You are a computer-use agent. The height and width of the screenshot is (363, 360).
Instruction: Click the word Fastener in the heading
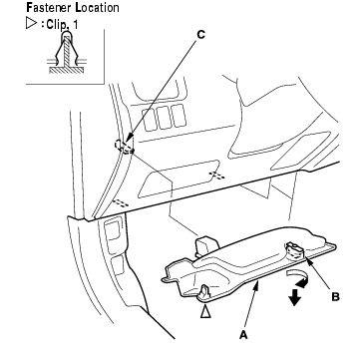[x=49, y=7]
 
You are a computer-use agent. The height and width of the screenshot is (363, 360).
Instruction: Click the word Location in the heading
[x=98, y=7]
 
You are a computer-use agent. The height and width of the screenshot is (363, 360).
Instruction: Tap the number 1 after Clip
[x=75, y=25]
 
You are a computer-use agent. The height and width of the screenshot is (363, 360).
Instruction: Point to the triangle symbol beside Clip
[x=31, y=24]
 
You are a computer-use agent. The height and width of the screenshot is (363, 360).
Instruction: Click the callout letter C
[x=200, y=35]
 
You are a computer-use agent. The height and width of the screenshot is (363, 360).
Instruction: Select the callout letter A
[x=244, y=335]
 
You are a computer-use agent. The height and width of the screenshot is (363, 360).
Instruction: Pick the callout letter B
[x=335, y=297]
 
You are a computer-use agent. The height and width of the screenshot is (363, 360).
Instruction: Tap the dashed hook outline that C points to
[x=124, y=147]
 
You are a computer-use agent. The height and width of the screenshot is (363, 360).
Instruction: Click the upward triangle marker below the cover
[x=205, y=312]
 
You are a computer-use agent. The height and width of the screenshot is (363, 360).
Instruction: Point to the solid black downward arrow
[x=294, y=297]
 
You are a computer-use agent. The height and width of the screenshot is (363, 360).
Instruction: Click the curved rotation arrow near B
[x=298, y=278]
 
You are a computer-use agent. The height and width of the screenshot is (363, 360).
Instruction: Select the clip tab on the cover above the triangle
[x=205, y=291]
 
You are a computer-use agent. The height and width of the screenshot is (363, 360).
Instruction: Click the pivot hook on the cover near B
[x=294, y=250]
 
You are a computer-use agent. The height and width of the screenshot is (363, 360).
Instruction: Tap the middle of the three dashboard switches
[x=164, y=118]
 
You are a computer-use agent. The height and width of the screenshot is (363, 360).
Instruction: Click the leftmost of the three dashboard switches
[x=150, y=120]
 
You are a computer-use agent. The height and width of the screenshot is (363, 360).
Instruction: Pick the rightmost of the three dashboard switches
[x=179, y=116]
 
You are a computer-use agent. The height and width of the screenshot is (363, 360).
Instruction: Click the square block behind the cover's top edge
[x=206, y=246]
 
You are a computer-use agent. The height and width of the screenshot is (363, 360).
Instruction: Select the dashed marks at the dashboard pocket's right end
[x=216, y=175]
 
